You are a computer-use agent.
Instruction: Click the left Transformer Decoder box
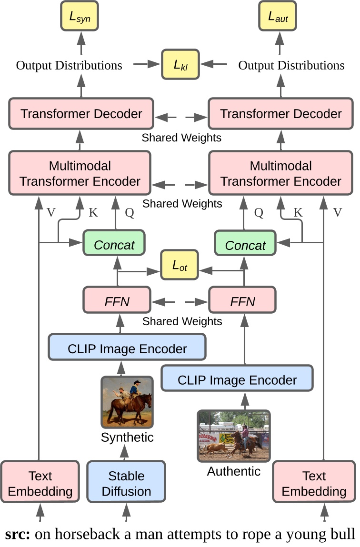(81, 114)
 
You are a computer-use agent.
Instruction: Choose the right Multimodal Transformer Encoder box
(281, 173)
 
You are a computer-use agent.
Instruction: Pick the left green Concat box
(114, 245)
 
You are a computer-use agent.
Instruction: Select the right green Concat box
(245, 245)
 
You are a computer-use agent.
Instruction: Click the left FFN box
(117, 301)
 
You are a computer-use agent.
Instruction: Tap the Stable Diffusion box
(126, 483)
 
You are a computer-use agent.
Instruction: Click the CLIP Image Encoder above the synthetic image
(127, 348)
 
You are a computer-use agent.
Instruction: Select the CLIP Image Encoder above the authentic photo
(237, 379)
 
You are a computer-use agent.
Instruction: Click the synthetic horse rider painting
(127, 402)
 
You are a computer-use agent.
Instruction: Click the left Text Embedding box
(40, 483)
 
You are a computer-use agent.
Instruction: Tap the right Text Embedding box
(314, 483)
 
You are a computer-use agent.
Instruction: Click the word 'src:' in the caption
(18, 534)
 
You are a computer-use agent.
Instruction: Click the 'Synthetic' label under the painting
(127, 437)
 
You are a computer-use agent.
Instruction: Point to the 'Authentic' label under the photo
(234, 471)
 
